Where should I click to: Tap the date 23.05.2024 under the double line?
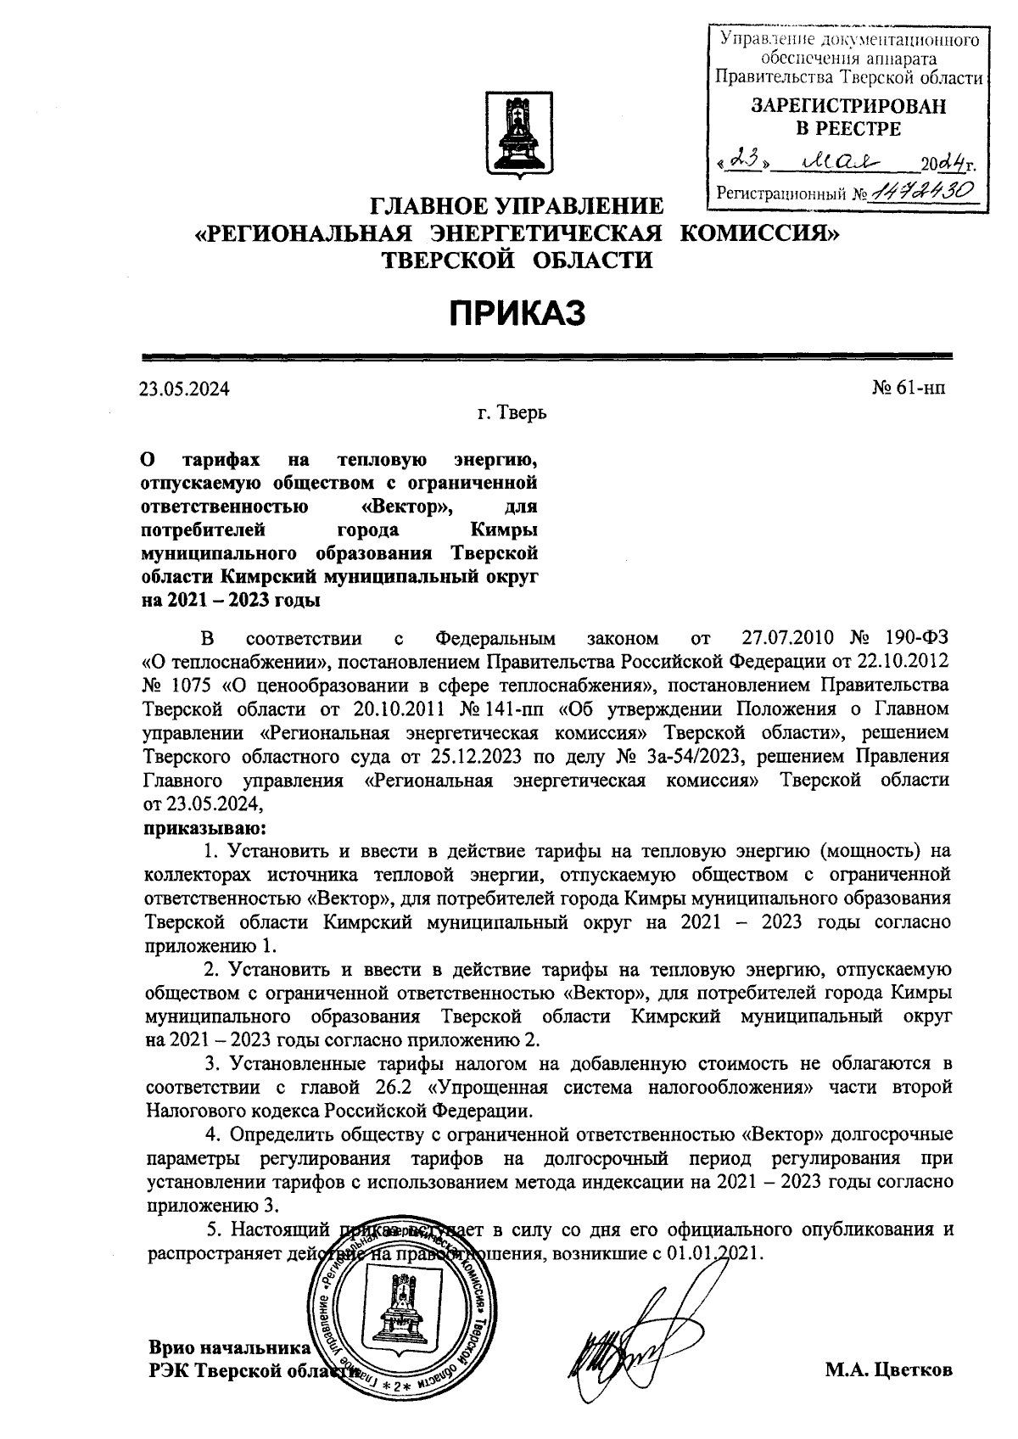click(x=185, y=389)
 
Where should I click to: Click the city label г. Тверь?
click(x=512, y=414)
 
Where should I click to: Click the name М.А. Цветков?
click(x=888, y=1371)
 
